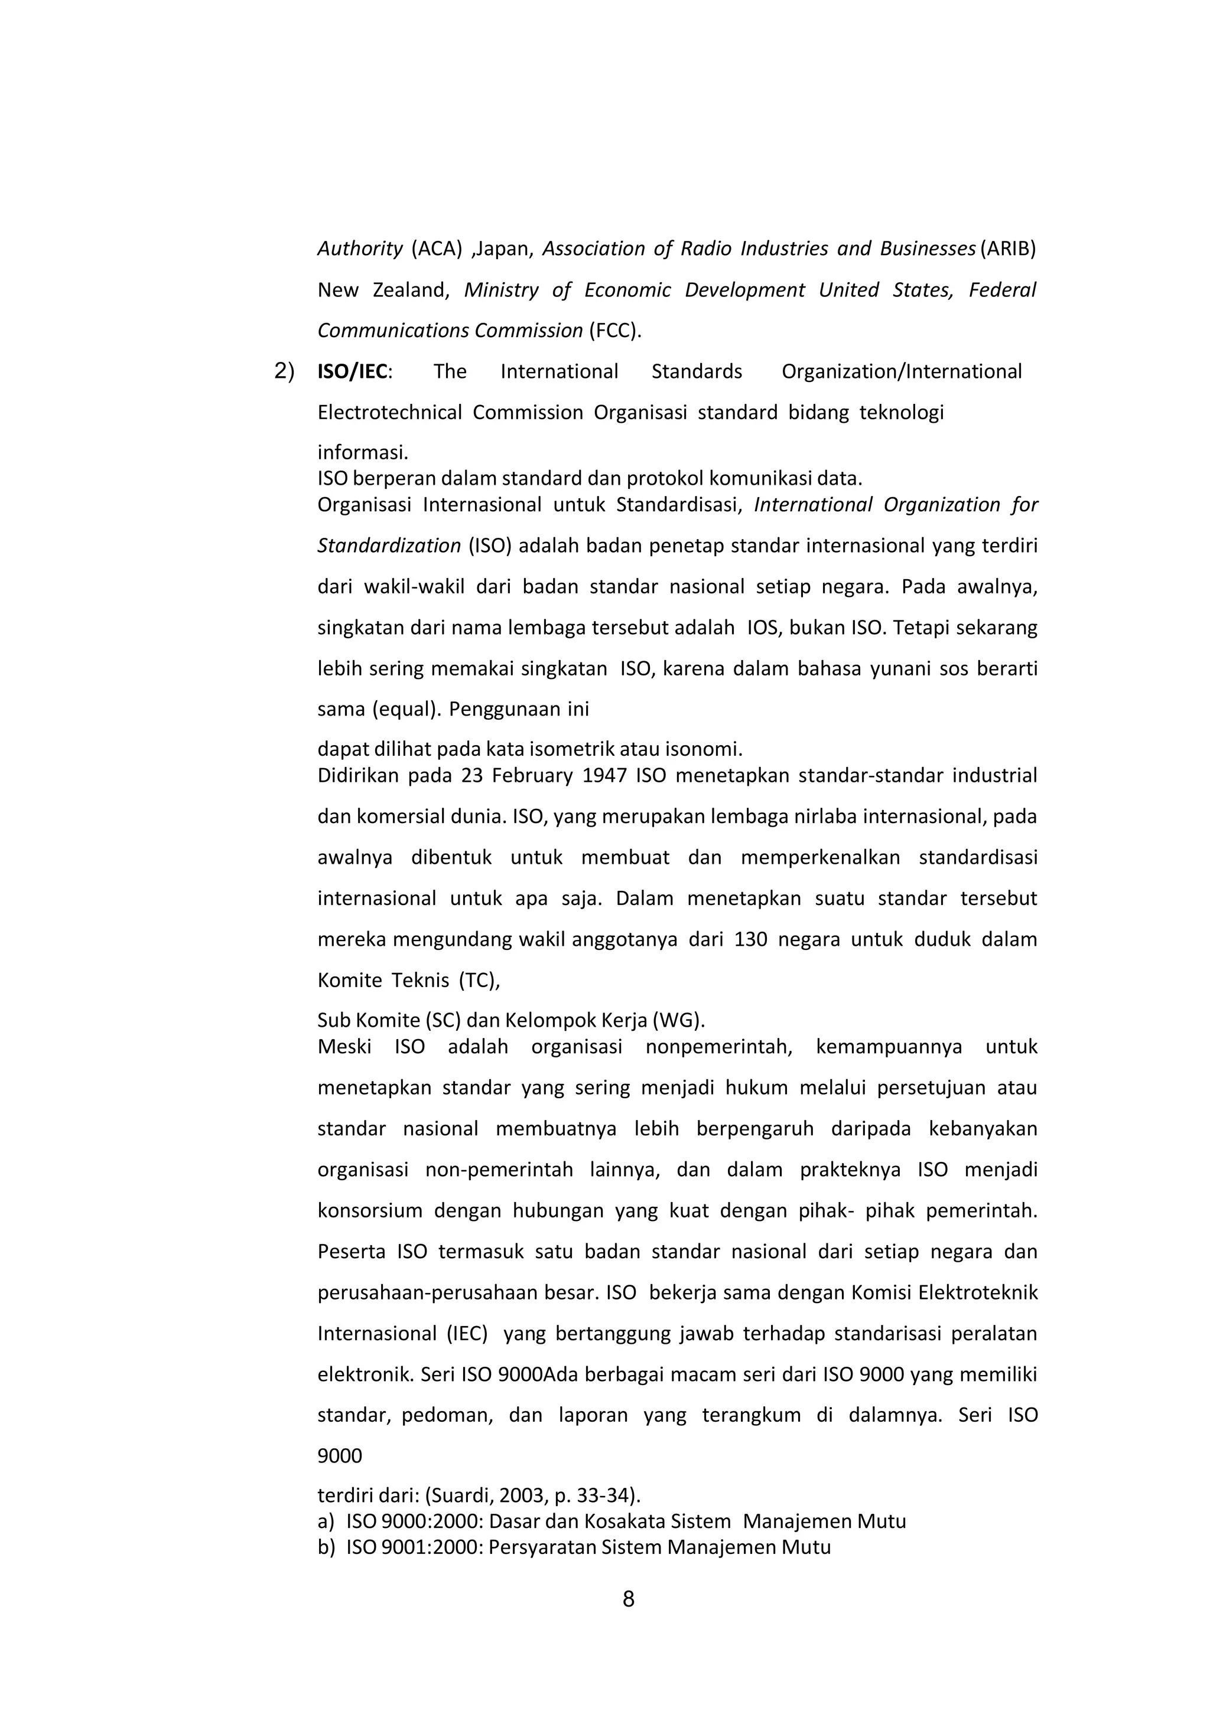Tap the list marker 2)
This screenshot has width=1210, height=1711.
pyautogui.click(x=284, y=371)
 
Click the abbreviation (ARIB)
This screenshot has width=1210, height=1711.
pyautogui.click(x=1009, y=249)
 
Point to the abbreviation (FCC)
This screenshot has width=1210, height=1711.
pyautogui.click(x=615, y=331)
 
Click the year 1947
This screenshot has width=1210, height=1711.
pyautogui.click(x=604, y=776)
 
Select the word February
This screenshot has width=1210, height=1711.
pyautogui.click(x=532, y=776)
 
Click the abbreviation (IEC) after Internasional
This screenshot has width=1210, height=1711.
pyautogui.click(x=467, y=1333)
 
